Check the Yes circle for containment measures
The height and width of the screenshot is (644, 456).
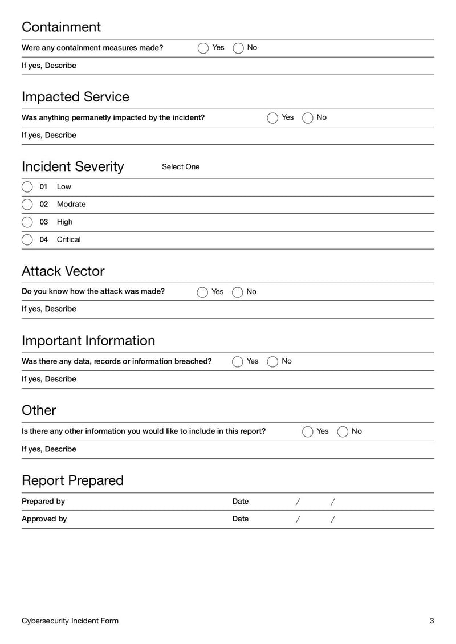point(203,48)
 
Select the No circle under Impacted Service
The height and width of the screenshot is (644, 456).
point(308,118)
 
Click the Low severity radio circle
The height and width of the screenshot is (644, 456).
point(27,187)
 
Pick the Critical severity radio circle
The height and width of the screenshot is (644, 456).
point(27,240)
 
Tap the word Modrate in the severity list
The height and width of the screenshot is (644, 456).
point(71,204)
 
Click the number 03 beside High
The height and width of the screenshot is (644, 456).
point(44,222)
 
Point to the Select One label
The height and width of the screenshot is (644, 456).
point(181,167)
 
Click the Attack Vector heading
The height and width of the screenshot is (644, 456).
point(63,271)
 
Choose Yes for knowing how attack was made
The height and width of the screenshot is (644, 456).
point(202,292)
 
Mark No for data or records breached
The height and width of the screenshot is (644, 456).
point(272,362)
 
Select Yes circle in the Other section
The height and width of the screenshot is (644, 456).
point(308,432)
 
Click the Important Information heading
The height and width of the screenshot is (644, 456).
point(88,340)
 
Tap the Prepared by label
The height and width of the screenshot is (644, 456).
point(43,502)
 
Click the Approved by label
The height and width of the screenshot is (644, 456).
point(44,519)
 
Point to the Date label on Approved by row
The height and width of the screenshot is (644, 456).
point(240,519)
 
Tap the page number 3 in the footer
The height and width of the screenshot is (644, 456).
point(431,621)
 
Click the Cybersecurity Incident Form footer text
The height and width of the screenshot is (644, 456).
point(70,621)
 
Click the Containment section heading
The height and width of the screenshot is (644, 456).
point(61,27)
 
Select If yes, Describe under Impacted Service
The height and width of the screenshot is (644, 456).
point(49,136)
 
